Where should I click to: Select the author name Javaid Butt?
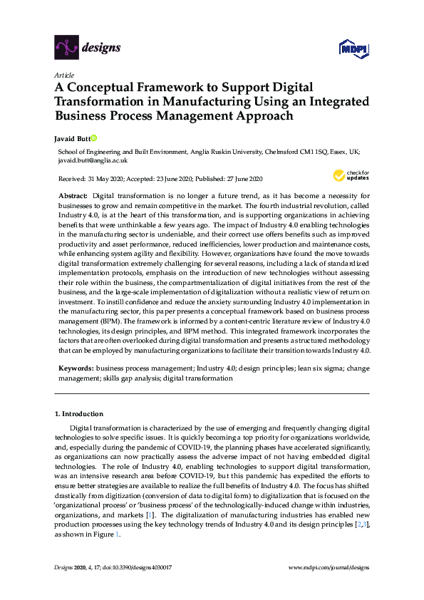(71, 138)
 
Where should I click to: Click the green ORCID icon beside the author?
(93, 138)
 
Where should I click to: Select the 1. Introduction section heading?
(79, 413)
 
